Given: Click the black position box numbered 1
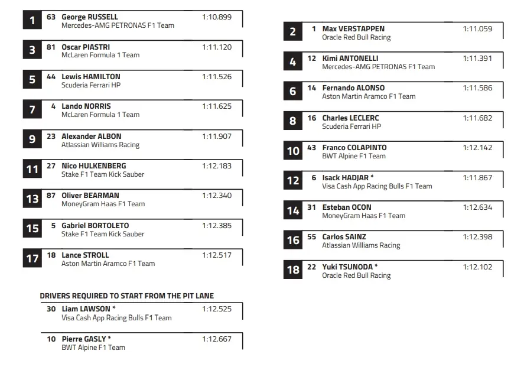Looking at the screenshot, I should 32,21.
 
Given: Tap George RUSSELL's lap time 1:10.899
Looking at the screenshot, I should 217,17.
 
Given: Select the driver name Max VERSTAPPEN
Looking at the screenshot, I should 353,29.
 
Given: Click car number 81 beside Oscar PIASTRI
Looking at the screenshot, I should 51,47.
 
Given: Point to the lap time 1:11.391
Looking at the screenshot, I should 477,59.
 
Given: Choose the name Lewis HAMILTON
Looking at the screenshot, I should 91,77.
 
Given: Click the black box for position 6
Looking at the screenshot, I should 293,92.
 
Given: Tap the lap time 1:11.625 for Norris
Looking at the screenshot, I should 217,106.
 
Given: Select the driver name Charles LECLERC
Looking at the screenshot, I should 350,118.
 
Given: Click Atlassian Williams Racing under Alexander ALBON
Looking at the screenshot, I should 100,145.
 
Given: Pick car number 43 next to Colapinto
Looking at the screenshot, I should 311,148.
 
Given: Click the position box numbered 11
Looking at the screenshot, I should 32,170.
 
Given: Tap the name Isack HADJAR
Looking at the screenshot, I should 346,177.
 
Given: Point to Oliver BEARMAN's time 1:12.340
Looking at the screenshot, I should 217,196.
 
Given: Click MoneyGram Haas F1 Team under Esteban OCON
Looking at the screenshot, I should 363,216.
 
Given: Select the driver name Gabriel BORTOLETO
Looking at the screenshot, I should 95,225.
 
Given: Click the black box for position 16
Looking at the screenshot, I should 293,240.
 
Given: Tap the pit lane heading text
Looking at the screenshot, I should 126,295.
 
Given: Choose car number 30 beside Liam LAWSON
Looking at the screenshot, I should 51,309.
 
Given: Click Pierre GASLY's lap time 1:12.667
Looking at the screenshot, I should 217,339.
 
